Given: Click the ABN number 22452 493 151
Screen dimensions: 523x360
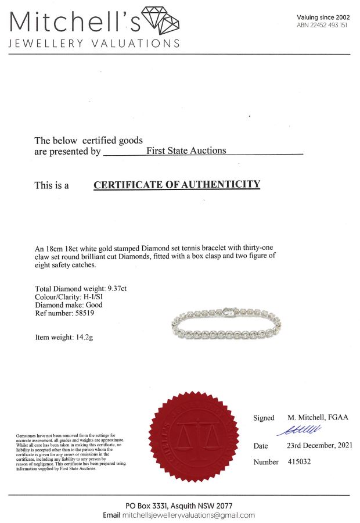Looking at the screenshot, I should tap(322, 26).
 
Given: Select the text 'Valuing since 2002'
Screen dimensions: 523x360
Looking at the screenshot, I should tap(323, 17).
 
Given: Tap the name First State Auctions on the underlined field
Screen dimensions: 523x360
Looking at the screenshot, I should tap(186, 151).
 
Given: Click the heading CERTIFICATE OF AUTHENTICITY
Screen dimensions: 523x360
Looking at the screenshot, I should tap(177, 185).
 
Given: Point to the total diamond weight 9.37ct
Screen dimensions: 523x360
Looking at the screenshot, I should tap(116, 289).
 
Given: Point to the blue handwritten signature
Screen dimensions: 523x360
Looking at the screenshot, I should tap(300, 430).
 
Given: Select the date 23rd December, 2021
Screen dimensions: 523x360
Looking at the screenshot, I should tap(320, 446).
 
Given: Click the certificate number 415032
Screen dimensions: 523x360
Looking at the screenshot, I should tap(300, 462).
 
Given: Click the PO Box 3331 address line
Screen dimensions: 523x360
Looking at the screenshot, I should tap(180, 506).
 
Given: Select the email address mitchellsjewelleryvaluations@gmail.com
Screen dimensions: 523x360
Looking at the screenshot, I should tap(189, 515).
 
